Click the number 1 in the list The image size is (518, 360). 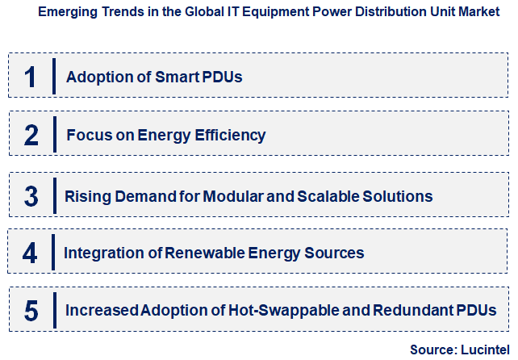click(31, 77)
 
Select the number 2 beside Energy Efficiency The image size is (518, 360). click(31, 135)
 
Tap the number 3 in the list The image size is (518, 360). click(31, 196)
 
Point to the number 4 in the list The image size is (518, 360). click(31, 253)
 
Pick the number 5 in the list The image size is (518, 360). click(31, 311)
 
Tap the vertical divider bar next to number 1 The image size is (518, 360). click(53, 77)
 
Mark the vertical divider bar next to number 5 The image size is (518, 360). click(53, 311)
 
